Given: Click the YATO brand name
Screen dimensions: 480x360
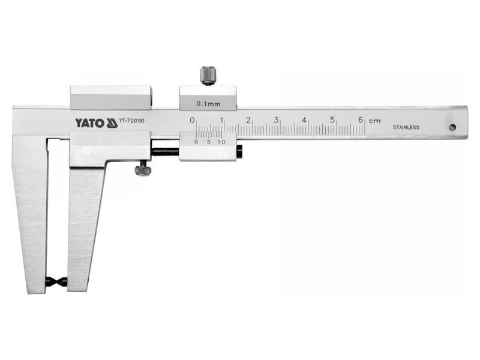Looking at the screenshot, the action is click(x=90, y=124).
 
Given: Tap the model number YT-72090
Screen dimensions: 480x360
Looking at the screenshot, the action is click(x=132, y=121).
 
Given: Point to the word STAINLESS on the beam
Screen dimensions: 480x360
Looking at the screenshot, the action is click(x=406, y=127).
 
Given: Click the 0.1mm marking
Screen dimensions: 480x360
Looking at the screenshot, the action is click(x=208, y=104).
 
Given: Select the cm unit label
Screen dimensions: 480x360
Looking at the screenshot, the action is click(x=374, y=121).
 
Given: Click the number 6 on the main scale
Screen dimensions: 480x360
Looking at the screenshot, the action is click(x=361, y=119).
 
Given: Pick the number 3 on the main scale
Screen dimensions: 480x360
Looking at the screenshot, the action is click(x=276, y=119).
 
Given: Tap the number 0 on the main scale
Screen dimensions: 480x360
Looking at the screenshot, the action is click(x=192, y=119).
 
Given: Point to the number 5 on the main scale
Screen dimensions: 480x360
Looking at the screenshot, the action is click(x=332, y=119).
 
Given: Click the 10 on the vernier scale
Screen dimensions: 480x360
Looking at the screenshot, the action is click(x=221, y=142).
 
